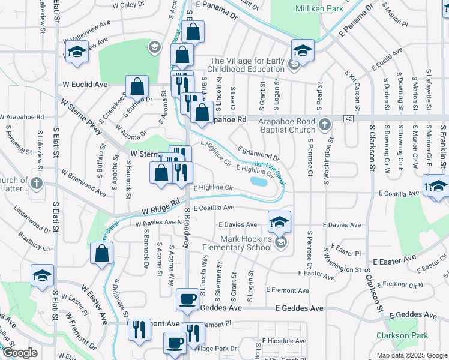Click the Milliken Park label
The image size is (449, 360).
click(319, 8)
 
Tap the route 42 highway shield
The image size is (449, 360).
click(349, 119)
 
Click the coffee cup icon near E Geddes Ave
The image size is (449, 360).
click(188, 298)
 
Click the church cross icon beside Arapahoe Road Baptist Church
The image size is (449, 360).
click(324, 125)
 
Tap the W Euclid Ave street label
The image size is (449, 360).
click(85, 85)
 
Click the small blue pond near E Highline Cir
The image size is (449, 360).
click(259, 181)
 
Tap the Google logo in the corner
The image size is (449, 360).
click(19, 353)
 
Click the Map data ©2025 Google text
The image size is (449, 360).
click(412, 355)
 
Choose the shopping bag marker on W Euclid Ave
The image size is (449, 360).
click(137, 86)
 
